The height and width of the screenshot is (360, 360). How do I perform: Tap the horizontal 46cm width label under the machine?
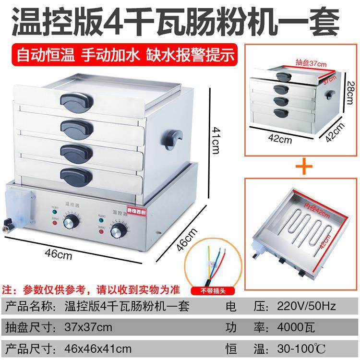click(60, 255)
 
